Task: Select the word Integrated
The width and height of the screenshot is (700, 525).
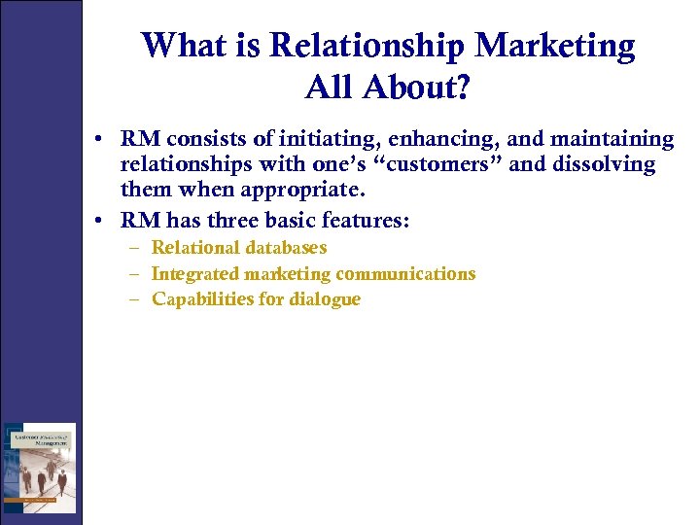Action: click(x=195, y=274)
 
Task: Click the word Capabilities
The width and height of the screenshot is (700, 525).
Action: click(x=203, y=299)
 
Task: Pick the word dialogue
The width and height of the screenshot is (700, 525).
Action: click(x=324, y=299)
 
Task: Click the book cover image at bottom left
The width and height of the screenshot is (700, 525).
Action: click(x=39, y=468)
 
